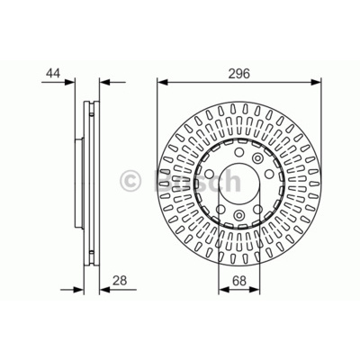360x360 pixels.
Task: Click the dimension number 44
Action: (x=53, y=74)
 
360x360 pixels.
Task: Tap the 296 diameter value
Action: (x=239, y=74)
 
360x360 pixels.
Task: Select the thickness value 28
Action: (x=120, y=281)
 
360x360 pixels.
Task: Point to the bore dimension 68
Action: (x=239, y=281)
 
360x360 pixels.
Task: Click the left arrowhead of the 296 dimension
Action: (x=162, y=82)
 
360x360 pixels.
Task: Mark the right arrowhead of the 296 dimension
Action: (x=316, y=82)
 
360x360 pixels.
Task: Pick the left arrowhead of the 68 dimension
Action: (x=224, y=290)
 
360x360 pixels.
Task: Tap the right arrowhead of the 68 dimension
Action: (x=255, y=290)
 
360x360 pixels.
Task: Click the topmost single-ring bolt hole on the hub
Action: (x=239, y=152)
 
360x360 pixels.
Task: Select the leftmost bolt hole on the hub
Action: (x=210, y=174)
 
